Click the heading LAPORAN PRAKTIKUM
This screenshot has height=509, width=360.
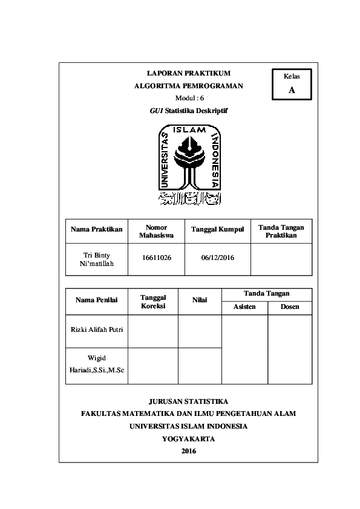click(x=189, y=73)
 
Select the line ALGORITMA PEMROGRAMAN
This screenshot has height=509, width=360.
click(x=189, y=86)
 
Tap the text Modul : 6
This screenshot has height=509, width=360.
click(x=189, y=98)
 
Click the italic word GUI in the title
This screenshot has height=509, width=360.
click(x=156, y=111)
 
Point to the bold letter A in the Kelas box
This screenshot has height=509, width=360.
click(x=292, y=90)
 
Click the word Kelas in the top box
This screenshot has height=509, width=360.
click(x=292, y=76)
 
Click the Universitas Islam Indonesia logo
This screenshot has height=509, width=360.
click(x=189, y=164)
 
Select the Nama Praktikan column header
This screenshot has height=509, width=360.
click(x=97, y=229)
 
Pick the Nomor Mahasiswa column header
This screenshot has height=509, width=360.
click(x=156, y=231)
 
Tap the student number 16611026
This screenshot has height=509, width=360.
click(x=156, y=258)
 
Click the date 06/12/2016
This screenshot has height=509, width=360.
click(x=217, y=258)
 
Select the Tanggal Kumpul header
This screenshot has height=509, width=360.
click(x=217, y=229)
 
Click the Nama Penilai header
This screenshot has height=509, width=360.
click(x=97, y=299)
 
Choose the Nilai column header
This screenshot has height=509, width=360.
click(x=200, y=299)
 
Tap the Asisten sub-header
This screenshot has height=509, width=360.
click(x=244, y=307)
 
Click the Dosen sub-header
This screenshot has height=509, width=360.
click(x=290, y=307)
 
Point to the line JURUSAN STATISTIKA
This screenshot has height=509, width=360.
click(x=189, y=401)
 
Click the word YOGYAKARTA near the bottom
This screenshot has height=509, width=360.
click(x=189, y=439)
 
